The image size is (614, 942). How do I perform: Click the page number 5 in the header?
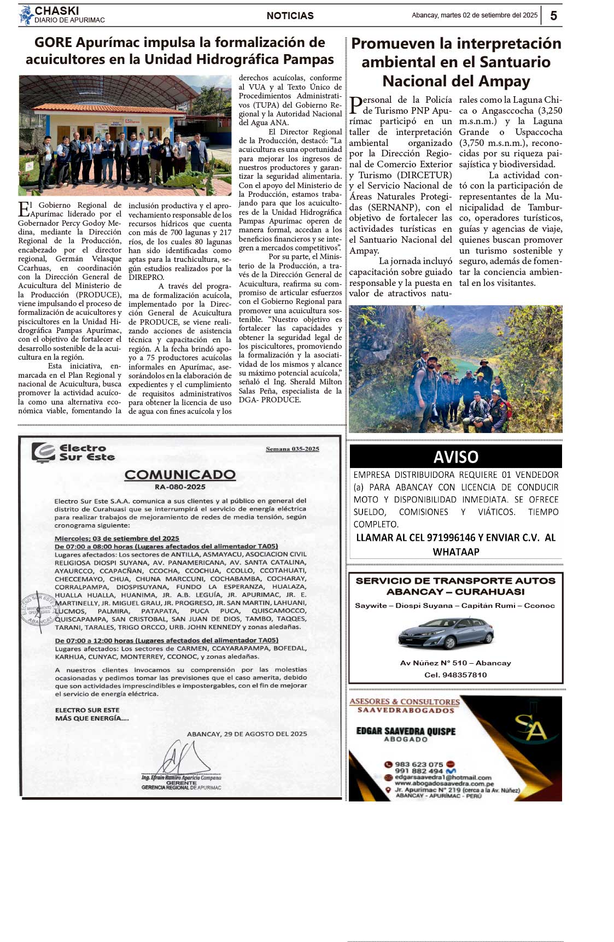point(553,16)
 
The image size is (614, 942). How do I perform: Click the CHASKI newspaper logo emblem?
point(25,15)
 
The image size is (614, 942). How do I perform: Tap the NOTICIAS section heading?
point(290,16)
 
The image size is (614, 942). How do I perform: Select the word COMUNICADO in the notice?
point(180,475)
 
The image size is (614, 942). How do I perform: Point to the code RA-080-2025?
point(180,487)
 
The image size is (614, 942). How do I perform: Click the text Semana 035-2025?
point(292,449)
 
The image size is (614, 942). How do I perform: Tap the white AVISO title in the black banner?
point(455,457)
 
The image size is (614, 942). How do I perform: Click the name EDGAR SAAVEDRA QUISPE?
point(406,731)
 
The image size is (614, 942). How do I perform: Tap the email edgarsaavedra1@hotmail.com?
point(442,777)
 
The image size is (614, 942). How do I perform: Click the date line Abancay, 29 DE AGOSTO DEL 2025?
point(247,734)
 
